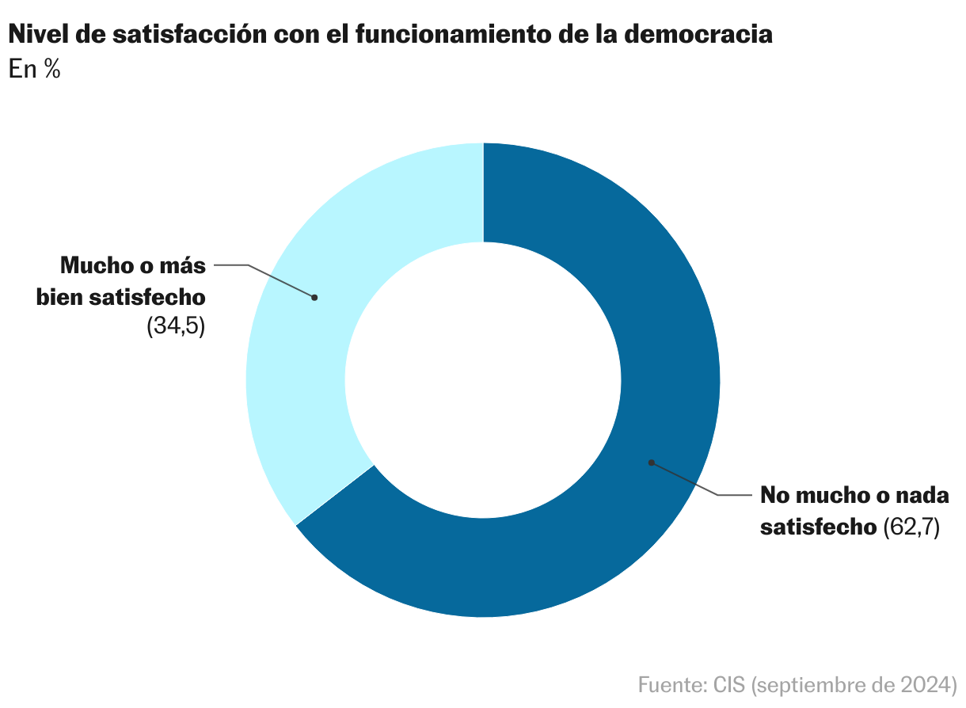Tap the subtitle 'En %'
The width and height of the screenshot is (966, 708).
click(35, 69)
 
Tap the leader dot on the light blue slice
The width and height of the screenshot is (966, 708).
click(314, 298)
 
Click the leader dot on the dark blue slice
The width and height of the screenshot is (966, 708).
click(651, 462)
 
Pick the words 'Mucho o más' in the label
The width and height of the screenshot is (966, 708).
click(133, 265)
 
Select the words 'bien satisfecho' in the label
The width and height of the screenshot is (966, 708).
click(121, 297)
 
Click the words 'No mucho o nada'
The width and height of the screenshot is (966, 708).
click(854, 496)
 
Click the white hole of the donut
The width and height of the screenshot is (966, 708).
click(483, 380)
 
